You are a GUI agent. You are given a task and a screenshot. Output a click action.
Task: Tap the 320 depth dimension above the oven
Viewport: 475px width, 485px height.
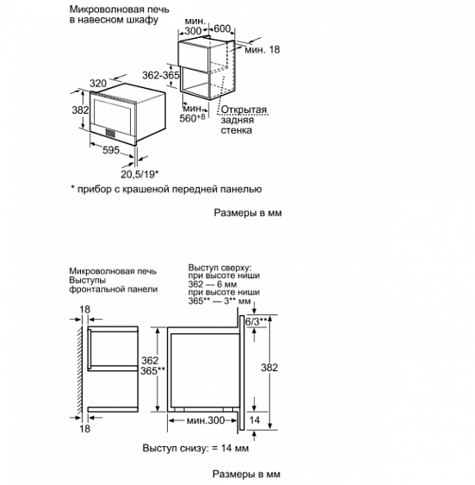coord(97,83)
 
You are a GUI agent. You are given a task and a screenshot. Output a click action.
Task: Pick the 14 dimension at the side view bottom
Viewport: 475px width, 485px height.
coord(254,420)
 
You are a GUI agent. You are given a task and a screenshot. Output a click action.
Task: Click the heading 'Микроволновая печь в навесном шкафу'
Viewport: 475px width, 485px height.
coord(114,14)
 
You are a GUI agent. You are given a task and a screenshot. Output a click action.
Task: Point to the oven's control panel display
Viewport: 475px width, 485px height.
coord(112,132)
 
